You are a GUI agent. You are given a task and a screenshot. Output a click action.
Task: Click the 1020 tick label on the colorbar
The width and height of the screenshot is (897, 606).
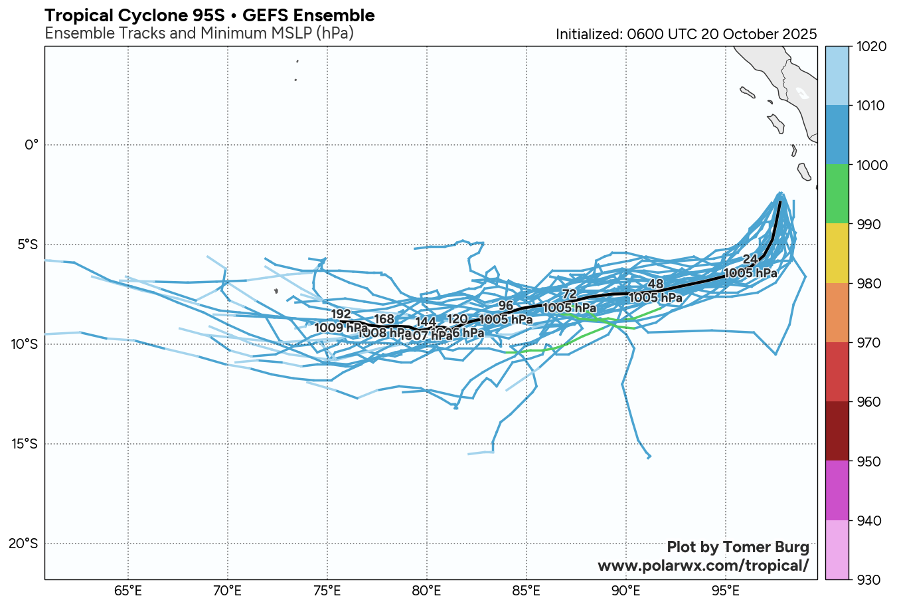(x=870, y=47)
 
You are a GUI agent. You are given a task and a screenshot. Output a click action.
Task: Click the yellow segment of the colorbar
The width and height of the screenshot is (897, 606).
(x=836, y=253)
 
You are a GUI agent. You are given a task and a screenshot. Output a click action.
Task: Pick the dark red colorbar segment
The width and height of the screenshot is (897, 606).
(x=836, y=431)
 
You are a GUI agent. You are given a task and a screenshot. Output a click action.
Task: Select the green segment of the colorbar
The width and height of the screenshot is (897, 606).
(x=836, y=194)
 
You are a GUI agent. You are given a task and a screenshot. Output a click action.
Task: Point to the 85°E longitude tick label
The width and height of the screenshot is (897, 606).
(x=526, y=590)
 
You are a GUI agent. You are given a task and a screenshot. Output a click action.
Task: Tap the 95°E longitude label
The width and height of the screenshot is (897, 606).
(x=725, y=590)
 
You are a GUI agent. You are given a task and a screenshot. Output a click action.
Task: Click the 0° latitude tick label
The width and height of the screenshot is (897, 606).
(x=32, y=145)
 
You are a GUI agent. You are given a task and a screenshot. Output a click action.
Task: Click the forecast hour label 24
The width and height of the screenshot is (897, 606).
(x=750, y=259)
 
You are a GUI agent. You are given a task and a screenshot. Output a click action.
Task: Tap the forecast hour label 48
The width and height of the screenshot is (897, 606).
(x=655, y=285)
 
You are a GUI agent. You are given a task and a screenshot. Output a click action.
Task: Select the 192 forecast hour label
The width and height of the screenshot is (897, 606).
(x=341, y=314)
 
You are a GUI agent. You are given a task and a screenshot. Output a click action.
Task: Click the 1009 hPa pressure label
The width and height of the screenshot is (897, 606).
(x=341, y=327)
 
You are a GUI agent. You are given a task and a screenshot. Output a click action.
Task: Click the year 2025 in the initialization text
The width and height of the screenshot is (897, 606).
(x=799, y=35)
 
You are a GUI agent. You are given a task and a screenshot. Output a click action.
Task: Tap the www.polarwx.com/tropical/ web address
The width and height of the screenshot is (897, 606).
(x=703, y=565)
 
